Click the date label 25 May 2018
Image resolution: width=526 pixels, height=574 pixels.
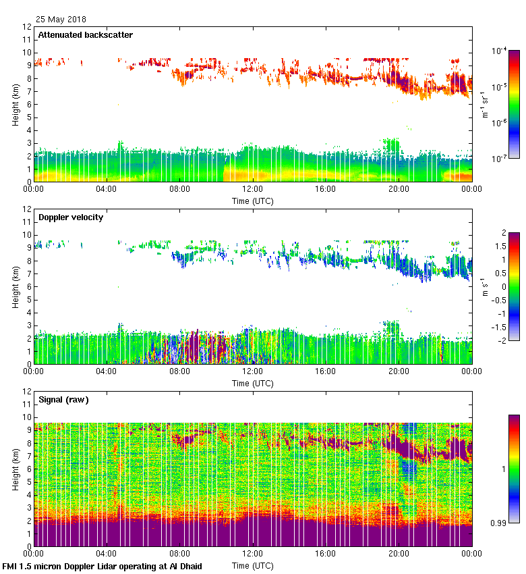click(61, 20)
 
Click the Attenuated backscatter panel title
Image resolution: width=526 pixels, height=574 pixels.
click(86, 35)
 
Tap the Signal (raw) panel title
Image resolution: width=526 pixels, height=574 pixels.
click(63, 400)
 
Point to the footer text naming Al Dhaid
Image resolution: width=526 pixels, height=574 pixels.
click(103, 566)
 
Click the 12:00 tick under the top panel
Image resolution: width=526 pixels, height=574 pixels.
click(253, 190)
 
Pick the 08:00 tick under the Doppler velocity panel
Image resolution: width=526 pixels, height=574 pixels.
click(180, 372)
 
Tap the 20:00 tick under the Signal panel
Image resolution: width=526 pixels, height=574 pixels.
click(399, 554)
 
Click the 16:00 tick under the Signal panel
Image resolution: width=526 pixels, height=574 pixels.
click(326, 554)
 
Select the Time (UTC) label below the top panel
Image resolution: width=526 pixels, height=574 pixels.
click(253, 201)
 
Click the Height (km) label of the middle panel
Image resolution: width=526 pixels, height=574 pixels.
click(15, 286)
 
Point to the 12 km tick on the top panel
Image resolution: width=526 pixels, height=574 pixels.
click(26, 27)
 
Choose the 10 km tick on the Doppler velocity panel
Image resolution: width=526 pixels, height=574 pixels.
click(26, 235)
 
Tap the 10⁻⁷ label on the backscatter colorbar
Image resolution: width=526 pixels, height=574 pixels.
click(500, 159)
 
